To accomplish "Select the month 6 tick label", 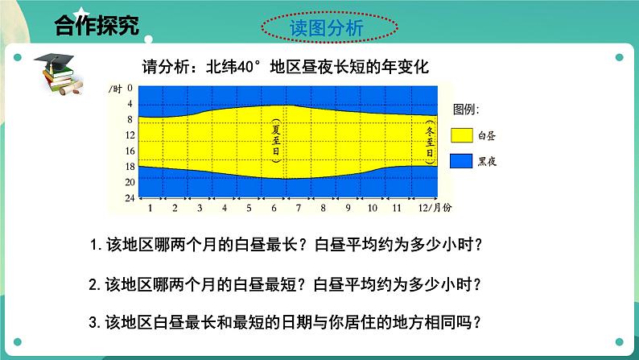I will (x=274, y=207).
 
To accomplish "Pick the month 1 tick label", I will (x=150, y=207).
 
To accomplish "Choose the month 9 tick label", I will (x=348, y=207).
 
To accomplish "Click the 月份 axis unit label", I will (x=443, y=207).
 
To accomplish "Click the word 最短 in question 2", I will (x=285, y=283).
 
